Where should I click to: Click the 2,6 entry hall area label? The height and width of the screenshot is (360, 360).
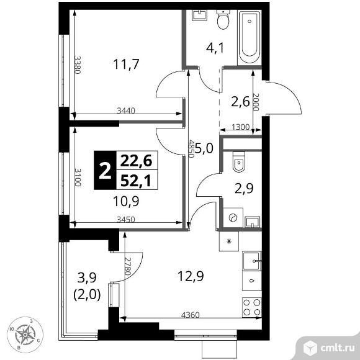(240, 103)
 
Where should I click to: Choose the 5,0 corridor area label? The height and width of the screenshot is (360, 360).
(205, 149)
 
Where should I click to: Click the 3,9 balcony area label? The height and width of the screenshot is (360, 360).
(86, 276)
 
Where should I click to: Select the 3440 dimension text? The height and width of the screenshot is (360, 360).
(126, 111)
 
